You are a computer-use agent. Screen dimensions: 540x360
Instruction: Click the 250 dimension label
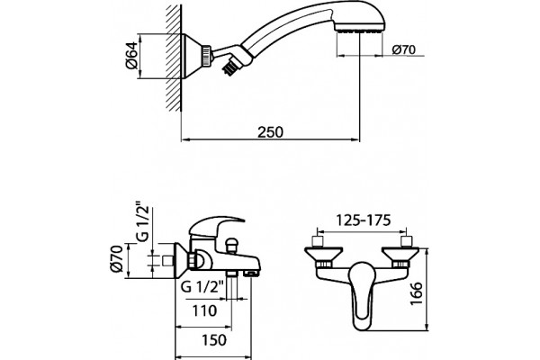point(270,131)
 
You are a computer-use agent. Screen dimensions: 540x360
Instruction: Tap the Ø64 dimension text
point(132,56)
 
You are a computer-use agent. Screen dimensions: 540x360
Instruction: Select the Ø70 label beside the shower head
point(403,49)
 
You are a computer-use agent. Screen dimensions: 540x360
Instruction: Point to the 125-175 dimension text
point(364,220)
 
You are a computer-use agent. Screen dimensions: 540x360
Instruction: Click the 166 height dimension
point(417,292)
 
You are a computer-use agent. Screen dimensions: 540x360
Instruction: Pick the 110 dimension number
point(204,310)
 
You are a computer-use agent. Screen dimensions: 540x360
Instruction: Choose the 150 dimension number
point(214,340)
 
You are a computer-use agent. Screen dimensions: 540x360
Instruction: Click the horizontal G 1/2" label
point(203,286)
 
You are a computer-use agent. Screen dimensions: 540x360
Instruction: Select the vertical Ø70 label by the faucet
point(117,258)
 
